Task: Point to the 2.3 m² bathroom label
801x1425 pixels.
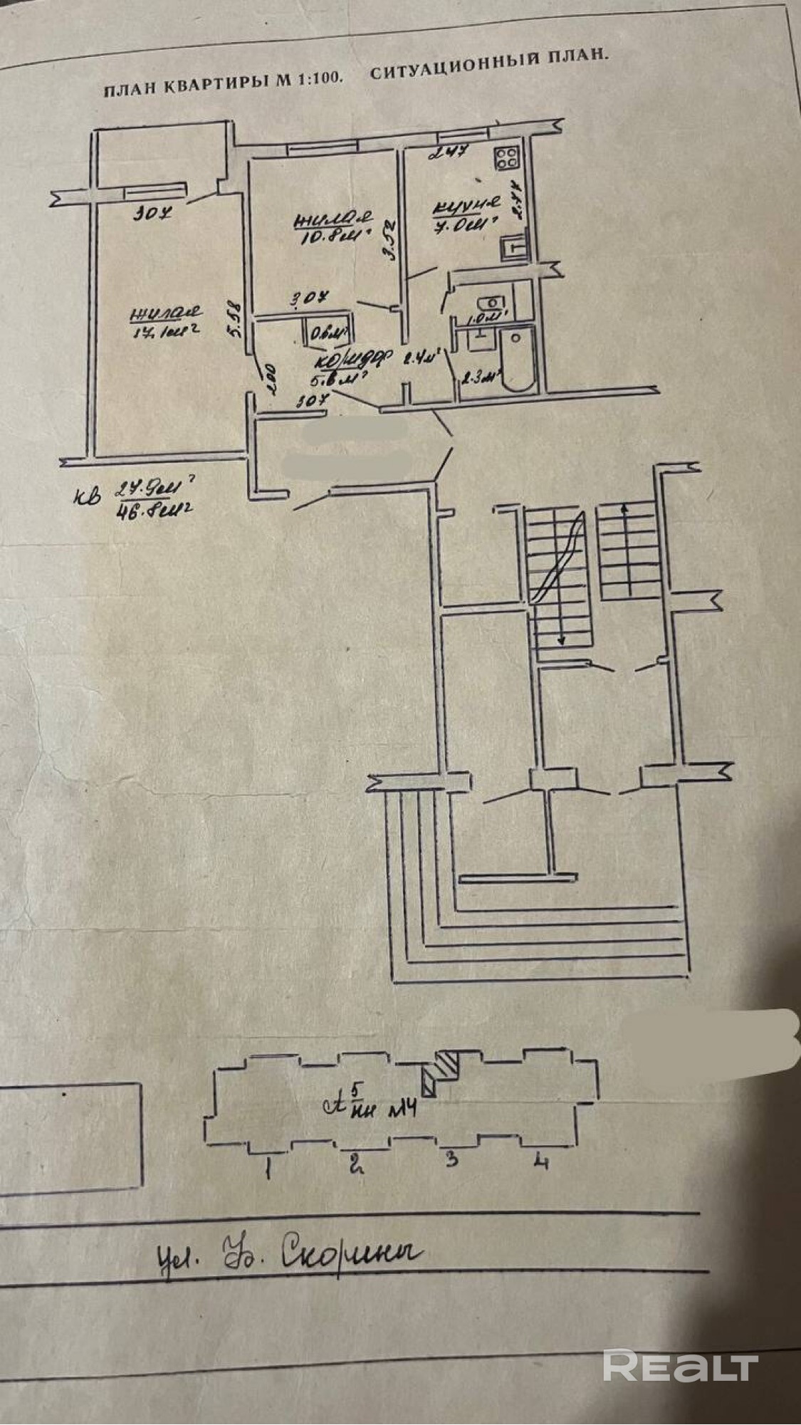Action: click(x=478, y=377)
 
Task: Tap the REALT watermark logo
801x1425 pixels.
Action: click(x=680, y=1366)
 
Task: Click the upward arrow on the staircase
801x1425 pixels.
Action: click(x=625, y=510)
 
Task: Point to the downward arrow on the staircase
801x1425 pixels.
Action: click(x=562, y=640)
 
